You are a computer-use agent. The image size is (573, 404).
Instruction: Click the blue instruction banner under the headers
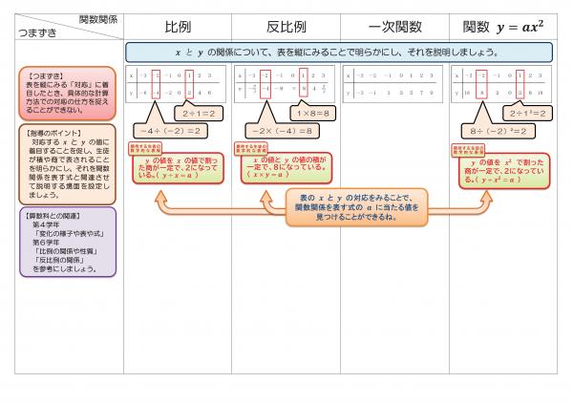pos(342,52)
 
